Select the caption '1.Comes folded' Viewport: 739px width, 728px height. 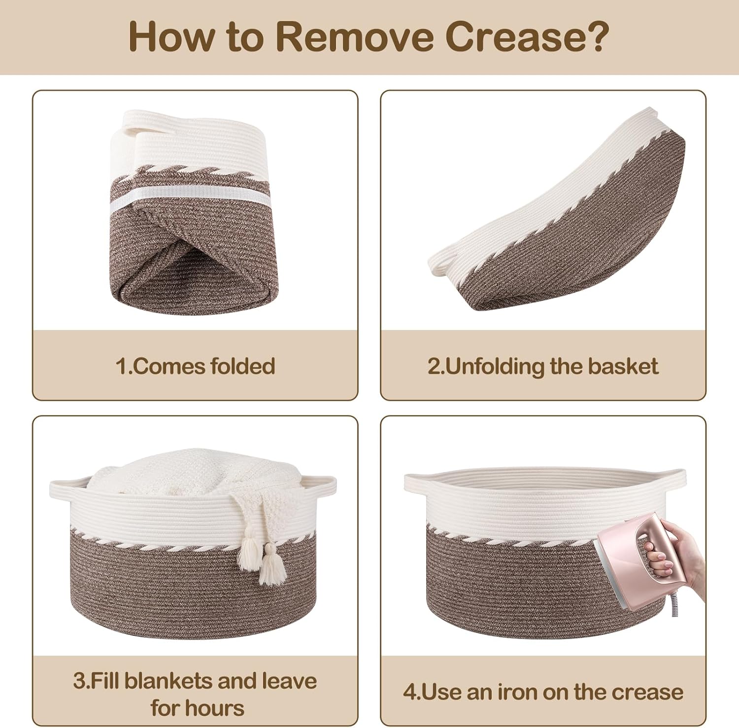coord(195,366)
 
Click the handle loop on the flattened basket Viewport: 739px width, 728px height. coord(441,261)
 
